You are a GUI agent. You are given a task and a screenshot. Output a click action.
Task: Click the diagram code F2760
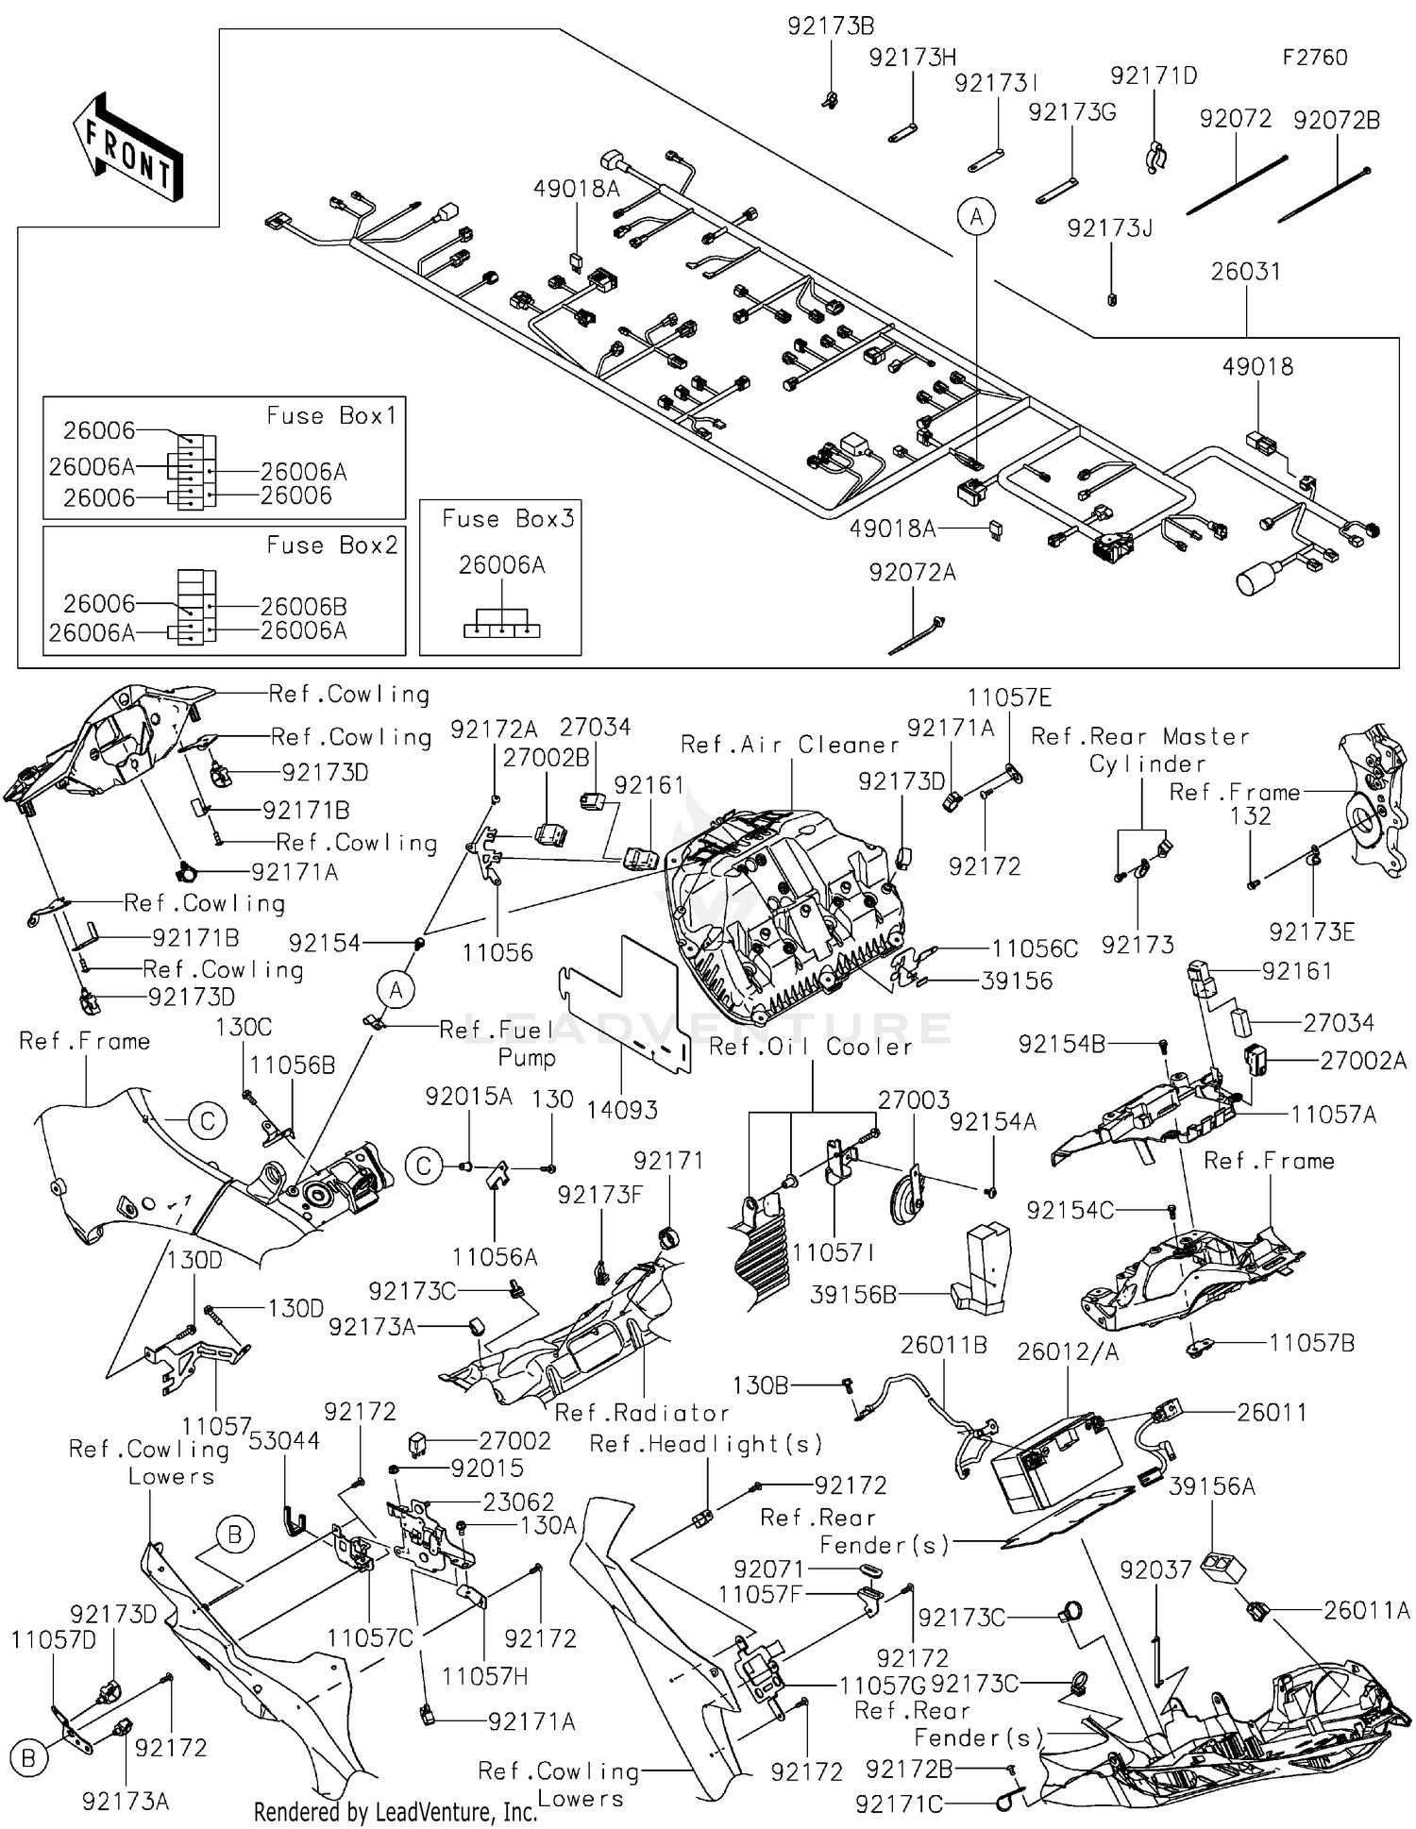pos(1314,58)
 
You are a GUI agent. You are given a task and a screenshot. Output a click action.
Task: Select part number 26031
pos(1246,272)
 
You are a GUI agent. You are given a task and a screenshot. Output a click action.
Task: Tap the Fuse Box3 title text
pos(508,519)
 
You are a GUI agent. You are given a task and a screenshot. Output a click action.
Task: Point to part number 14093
pos(621,1110)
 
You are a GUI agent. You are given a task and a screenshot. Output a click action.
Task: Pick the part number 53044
pos(284,1441)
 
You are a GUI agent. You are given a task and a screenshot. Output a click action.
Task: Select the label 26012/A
pos(1068,1352)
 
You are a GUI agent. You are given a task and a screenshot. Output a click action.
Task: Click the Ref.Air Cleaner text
pos(790,746)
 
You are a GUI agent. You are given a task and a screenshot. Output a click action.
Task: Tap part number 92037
pos(1155,1569)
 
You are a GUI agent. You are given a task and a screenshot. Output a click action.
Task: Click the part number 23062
pos(518,1502)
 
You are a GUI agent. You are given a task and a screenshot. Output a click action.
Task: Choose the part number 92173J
pos(1110,229)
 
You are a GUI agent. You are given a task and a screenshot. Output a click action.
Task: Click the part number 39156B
pos(853,1295)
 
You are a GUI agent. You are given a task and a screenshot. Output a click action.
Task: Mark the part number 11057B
pos(1311,1343)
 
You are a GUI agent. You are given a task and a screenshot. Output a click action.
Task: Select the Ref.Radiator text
pos(642,1413)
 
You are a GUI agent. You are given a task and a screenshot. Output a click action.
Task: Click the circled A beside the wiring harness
pos(976,217)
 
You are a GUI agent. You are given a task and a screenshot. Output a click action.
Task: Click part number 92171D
pos(1153,76)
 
